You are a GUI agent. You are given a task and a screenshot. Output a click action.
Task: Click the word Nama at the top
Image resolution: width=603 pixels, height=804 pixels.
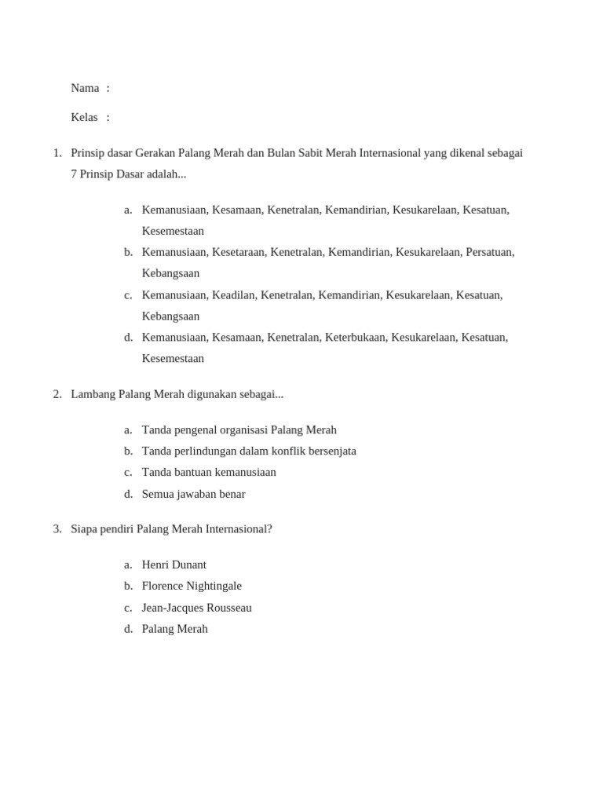click(x=85, y=88)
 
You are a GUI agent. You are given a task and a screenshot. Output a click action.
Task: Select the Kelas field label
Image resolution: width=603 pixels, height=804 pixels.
click(x=84, y=117)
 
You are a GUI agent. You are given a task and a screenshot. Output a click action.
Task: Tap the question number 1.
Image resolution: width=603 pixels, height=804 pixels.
click(x=57, y=153)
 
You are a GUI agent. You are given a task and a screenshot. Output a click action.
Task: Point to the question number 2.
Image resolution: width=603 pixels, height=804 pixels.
click(x=57, y=394)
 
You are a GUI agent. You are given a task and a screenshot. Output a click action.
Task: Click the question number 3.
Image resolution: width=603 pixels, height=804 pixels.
click(x=57, y=529)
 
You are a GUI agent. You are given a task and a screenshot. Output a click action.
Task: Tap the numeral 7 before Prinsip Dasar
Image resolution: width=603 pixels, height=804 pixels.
click(x=74, y=174)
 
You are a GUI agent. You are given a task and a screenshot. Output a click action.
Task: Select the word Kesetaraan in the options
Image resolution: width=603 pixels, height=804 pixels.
click(x=238, y=252)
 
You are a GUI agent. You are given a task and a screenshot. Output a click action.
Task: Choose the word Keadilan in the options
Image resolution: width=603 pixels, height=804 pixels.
click(x=233, y=295)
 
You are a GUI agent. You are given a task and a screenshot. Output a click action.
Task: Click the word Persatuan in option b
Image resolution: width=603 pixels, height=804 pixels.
click(x=489, y=252)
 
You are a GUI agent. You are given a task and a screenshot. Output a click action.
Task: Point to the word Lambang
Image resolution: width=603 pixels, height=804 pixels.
click(x=93, y=394)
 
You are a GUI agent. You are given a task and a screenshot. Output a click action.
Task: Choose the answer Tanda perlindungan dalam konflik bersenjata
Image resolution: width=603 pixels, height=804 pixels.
click(x=249, y=451)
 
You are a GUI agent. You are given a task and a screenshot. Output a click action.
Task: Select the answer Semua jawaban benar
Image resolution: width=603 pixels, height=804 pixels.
click(x=193, y=495)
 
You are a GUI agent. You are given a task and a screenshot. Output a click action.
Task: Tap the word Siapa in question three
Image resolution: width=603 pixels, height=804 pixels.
click(x=85, y=529)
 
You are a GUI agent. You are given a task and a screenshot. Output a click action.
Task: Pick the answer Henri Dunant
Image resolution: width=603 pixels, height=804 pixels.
click(x=174, y=565)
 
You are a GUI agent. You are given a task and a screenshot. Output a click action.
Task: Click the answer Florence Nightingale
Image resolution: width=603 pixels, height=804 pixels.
click(x=192, y=587)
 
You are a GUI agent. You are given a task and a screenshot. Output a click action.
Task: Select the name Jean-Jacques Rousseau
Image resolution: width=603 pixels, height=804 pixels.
click(x=196, y=608)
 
